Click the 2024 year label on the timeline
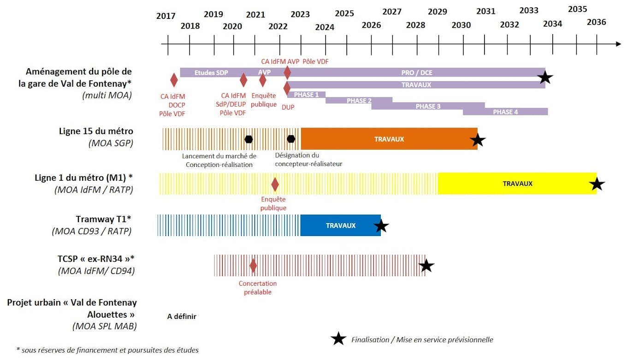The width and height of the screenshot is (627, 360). point(325,27)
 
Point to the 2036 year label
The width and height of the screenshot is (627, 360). point(596,22)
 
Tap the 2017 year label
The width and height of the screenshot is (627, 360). point(166,16)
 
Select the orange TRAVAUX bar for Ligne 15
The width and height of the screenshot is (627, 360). point(389,139)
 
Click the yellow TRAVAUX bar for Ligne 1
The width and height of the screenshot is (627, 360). point(517,183)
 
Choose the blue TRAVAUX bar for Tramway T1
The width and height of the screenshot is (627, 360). point(340,225)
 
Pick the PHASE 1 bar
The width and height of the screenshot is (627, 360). point(306,95)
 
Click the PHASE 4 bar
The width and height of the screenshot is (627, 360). point(505,112)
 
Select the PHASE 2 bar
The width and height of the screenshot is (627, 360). point(359,101)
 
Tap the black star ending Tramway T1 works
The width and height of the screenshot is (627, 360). point(381,226)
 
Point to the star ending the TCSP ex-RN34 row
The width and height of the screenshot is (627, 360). point(426,266)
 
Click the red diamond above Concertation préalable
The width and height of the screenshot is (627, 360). point(253,266)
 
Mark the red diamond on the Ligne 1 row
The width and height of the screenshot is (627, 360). point(275,184)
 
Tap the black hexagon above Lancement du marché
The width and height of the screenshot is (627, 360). point(249,139)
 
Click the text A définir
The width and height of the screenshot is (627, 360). point(182,317)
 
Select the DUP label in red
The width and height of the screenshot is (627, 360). point(288,107)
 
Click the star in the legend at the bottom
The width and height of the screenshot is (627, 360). point(338,339)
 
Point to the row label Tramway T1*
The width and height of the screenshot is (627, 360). point(103,219)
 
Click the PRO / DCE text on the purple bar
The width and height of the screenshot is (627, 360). point(417,73)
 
